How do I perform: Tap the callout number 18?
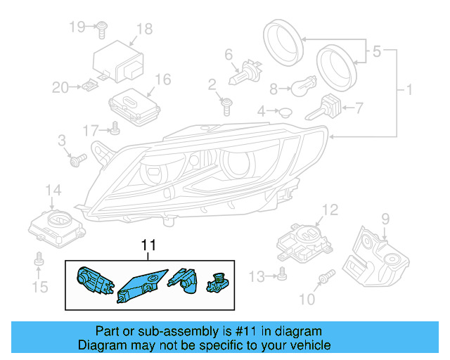click(144, 29)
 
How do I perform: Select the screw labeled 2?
click(226, 106)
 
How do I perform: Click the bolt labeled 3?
click(77, 160)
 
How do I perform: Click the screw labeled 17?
click(113, 129)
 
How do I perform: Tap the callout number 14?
click(53, 191)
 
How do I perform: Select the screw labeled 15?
click(39, 263)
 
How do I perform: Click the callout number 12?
click(330, 209)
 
